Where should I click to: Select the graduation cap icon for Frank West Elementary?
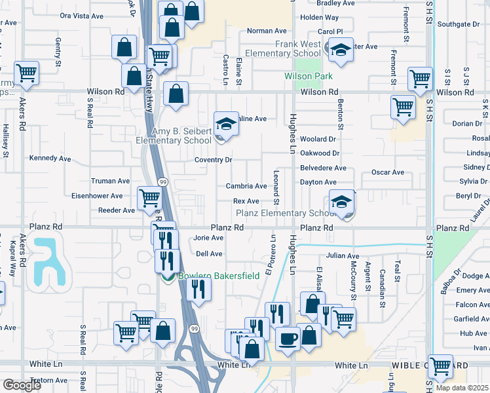pos(341,50)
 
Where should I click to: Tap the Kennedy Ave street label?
pos(50,159)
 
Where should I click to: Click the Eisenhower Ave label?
pos(97,196)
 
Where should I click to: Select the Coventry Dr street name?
pos(214,160)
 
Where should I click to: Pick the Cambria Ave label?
pos(246,187)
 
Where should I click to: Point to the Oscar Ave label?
pos(388,172)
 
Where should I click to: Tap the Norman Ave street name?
pos(267,31)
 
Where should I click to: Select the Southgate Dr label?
pos(459,24)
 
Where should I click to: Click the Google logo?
pos(21,385)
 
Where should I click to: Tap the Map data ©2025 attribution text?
pos(462,388)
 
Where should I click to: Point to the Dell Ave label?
pos(209,253)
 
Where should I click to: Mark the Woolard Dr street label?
pos(318,140)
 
